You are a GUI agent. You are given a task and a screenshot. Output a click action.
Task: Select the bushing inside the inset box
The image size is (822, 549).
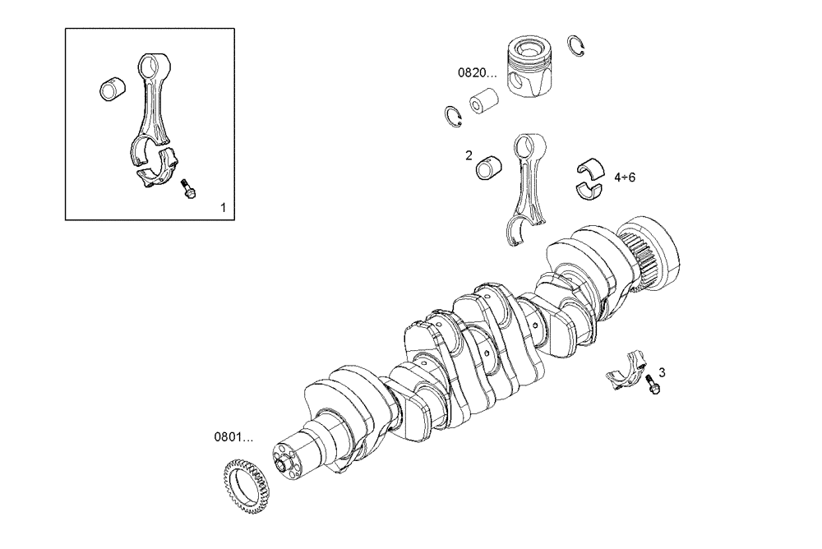pyautogui.click(x=110, y=87)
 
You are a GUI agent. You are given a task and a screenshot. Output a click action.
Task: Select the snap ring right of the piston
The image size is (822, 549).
pyautogui.click(x=579, y=46)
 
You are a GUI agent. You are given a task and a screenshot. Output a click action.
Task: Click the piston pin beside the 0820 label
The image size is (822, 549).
pyautogui.click(x=484, y=101)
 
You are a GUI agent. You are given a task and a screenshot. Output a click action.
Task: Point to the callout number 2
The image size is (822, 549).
pyautogui.click(x=468, y=155)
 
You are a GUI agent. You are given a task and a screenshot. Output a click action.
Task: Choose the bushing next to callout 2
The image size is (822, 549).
pyautogui.click(x=489, y=165)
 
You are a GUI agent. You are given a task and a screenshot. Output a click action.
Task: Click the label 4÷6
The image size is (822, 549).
pyautogui.click(x=625, y=177)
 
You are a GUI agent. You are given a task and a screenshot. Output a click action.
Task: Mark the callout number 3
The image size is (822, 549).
pyautogui.click(x=662, y=372)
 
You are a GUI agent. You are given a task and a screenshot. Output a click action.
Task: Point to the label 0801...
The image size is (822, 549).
pyautogui.click(x=234, y=436)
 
